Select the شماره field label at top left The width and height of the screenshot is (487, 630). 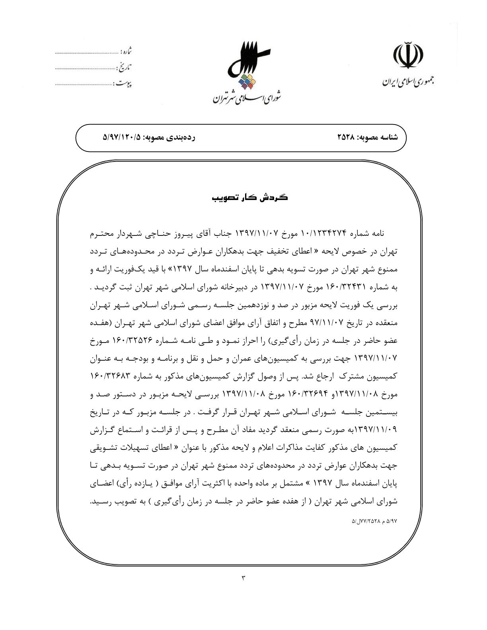pyautogui.click(x=126, y=52)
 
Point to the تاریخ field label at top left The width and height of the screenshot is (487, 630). pyautogui.click(x=125, y=68)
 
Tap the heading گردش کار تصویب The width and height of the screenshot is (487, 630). pyautogui.click(x=250, y=198)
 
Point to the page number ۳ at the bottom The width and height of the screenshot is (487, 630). pyautogui.click(x=243, y=578)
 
